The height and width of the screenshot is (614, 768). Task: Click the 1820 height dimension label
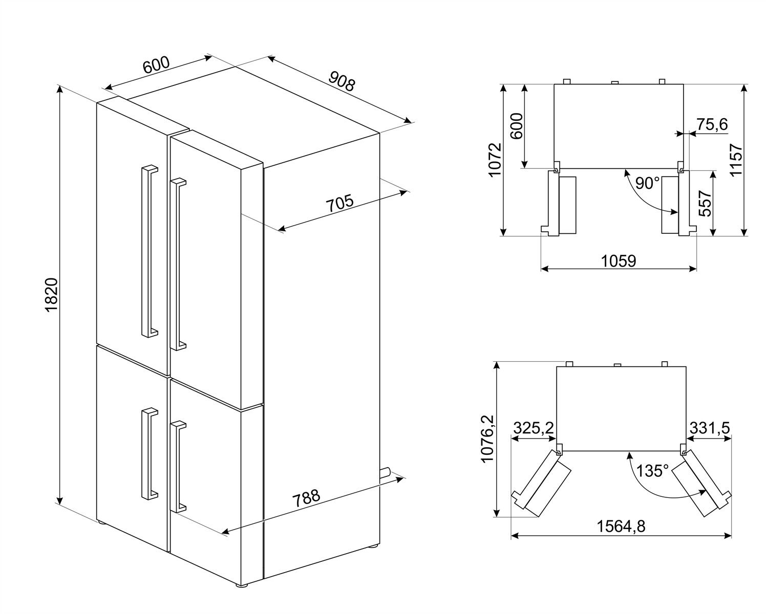pos(52,295)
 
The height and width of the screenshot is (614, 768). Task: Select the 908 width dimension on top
pos(342,81)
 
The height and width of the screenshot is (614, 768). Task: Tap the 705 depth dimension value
pos(339,203)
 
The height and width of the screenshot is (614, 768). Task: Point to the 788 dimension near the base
pos(306,498)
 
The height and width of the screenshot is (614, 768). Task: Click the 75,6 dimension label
pos(712,124)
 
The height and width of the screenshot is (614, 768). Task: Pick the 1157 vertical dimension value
pos(736,160)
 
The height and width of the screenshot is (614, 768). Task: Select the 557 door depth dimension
pos(705,203)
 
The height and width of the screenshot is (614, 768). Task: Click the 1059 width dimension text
pos(618,261)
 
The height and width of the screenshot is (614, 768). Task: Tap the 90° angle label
pos(647,183)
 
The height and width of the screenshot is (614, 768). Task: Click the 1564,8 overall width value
pos(620,526)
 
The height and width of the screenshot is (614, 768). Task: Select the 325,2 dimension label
pos(533,428)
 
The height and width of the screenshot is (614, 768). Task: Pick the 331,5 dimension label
pos(710,428)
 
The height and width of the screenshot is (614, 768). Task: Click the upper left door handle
pos(149,251)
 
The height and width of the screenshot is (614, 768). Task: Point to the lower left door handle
pos(149,453)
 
